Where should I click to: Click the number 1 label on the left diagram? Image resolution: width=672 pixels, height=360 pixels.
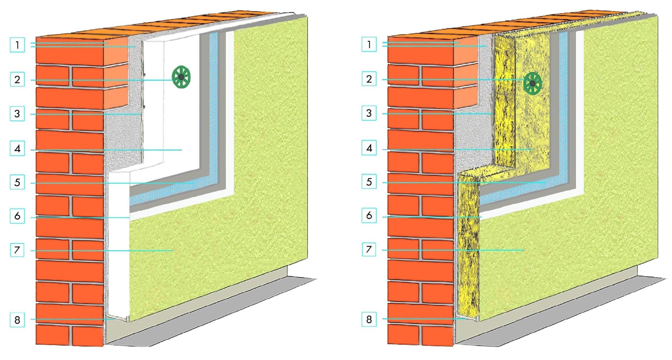coord(17,45)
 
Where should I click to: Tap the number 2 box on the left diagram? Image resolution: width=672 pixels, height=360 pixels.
coord(17,79)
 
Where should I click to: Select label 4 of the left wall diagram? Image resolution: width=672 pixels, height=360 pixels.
coord(17,148)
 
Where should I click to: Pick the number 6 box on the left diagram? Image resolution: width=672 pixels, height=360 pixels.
coord(17,216)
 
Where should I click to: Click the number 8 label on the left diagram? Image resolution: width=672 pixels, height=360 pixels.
coord(17,320)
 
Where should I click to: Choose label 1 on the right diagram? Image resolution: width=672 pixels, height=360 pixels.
coord(369,44)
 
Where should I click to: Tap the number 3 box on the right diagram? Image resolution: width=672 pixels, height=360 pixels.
coord(369,113)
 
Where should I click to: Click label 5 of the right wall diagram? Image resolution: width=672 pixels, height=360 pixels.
coord(369,182)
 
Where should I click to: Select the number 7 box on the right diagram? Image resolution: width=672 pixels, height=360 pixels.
coord(369,249)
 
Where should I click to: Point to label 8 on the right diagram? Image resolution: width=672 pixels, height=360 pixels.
coord(369,319)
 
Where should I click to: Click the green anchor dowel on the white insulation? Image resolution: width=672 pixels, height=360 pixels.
coord(181,77)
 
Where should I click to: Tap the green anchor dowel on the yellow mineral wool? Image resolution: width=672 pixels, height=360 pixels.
coord(532,83)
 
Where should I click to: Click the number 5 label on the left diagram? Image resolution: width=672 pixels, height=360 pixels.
coord(17,182)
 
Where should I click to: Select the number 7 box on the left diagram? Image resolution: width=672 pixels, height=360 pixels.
coord(17,250)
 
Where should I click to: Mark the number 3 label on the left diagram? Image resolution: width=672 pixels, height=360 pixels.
coord(17,114)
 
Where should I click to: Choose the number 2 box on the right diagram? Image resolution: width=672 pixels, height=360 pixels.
coord(369,79)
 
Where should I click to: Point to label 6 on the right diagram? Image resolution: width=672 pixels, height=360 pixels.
coord(369,215)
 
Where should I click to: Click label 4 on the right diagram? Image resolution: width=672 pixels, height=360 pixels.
coord(369,148)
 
